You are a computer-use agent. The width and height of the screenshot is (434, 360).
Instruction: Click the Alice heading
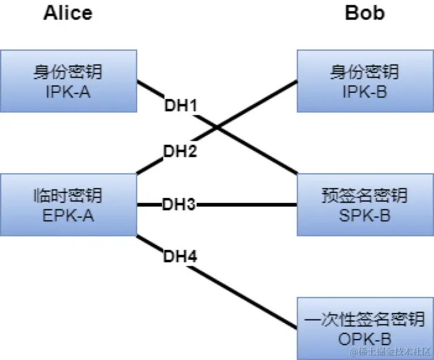pyautogui.click(x=67, y=13)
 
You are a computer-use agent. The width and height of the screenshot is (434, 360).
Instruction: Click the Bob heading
pyautogui.click(x=364, y=13)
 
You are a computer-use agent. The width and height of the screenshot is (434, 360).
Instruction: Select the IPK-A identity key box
pyautogui.click(x=67, y=81)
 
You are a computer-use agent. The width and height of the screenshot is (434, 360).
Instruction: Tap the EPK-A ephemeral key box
pyautogui.click(x=67, y=205)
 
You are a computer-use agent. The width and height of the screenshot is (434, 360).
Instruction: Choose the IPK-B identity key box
pyautogui.click(x=364, y=81)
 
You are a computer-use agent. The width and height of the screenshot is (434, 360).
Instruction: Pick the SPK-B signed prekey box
pyautogui.click(x=364, y=205)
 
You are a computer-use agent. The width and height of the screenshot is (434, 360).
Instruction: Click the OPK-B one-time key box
pyautogui.click(x=364, y=328)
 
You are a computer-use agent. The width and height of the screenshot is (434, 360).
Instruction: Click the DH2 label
pyautogui.click(x=181, y=150)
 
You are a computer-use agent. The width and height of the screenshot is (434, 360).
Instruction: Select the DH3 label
pyautogui.click(x=179, y=204)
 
